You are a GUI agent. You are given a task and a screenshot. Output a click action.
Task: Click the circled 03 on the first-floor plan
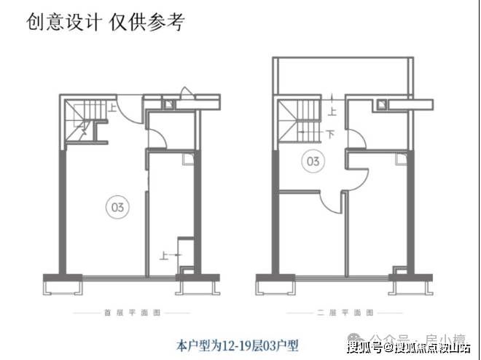tap(117, 207)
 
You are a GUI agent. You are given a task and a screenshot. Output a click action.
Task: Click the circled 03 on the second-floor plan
tap(313, 161)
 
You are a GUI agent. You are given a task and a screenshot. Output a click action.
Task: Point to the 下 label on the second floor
tap(330, 134)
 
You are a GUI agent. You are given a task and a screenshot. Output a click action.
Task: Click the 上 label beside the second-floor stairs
tap(332, 111)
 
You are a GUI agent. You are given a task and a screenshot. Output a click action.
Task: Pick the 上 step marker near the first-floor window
tap(163, 255)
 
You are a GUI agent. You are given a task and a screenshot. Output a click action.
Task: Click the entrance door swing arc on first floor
tap(126, 110)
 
